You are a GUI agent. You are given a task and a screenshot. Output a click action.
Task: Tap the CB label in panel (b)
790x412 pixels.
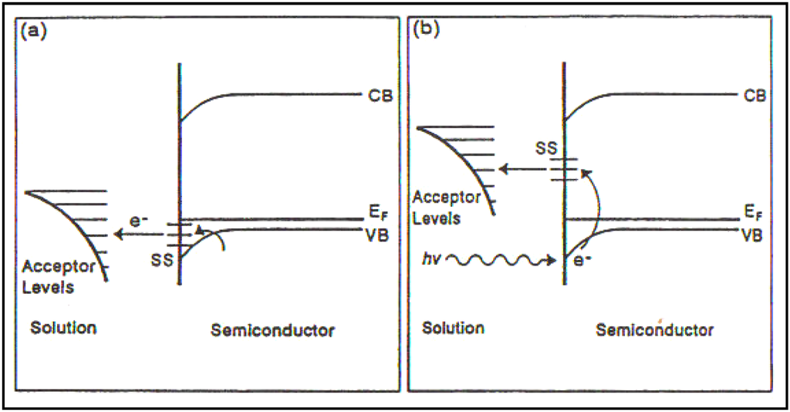(x=754, y=96)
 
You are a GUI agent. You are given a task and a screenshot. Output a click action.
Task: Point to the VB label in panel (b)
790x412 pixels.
(x=754, y=235)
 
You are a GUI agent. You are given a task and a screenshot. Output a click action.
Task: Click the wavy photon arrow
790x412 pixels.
(x=501, y=262)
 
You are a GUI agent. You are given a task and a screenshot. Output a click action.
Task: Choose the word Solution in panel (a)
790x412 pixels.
(x=63, y=328)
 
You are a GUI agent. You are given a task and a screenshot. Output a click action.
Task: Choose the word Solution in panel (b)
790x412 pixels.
(x=453, y=328)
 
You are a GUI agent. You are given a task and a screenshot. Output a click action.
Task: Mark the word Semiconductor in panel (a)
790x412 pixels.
(x=272, y=331)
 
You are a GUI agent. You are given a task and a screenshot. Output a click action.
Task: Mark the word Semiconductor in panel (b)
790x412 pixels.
(x=654, y=329)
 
